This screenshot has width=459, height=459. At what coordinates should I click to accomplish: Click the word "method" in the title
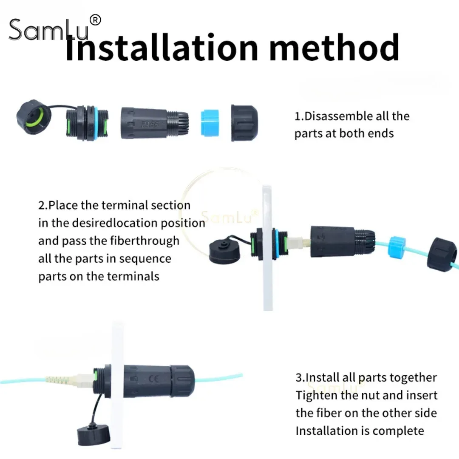tap(334, 47)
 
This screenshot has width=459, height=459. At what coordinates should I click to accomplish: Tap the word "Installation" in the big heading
tap(162, 47)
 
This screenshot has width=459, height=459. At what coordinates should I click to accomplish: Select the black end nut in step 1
tap(244, 123)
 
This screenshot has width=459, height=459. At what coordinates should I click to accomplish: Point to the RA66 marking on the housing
tap(150, 125)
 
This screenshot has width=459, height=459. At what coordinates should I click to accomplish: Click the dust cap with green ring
tap(34, 117)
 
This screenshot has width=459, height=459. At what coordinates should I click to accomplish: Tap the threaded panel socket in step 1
tap(87, 123)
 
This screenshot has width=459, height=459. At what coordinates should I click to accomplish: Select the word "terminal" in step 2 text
tap(125, 205)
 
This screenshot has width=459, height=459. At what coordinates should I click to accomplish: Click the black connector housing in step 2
tap(343, 242)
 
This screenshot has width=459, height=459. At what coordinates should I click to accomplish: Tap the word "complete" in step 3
tap(398, 431)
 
